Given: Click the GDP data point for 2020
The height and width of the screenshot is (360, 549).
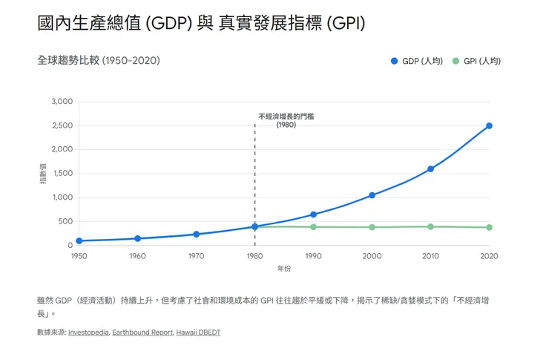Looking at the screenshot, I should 490,125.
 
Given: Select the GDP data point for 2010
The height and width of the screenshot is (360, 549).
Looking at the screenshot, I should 430,169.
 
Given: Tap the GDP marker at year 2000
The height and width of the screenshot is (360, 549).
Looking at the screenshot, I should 372,195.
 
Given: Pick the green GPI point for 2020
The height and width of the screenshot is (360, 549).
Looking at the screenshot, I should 490,227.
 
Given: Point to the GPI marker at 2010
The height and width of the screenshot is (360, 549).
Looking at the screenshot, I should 430,226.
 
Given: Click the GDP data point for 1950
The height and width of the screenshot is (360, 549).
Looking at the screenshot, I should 79,240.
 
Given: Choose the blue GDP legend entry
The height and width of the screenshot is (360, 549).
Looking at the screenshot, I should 416,61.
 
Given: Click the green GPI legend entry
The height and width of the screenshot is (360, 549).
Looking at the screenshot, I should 476,61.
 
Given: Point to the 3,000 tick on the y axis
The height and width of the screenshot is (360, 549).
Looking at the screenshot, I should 62,102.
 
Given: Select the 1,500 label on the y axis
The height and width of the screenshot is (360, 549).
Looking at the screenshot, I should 62,174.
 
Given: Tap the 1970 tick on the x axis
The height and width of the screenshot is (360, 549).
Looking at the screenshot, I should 196,256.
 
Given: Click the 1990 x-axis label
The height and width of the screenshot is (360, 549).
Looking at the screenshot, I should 313,256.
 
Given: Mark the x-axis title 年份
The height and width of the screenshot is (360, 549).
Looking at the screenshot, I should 284,268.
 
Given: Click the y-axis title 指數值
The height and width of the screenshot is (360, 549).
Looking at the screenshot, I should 42,174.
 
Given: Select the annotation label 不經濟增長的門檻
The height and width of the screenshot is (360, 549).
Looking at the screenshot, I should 286,117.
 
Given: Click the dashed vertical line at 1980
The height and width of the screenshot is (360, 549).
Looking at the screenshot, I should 254,186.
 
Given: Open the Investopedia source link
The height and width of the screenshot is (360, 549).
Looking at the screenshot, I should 88,333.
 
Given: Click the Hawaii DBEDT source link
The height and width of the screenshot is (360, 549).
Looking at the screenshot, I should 198,333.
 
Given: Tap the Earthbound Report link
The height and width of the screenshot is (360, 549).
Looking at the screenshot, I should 142,333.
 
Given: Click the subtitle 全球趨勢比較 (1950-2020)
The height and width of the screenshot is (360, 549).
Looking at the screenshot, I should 98,60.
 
